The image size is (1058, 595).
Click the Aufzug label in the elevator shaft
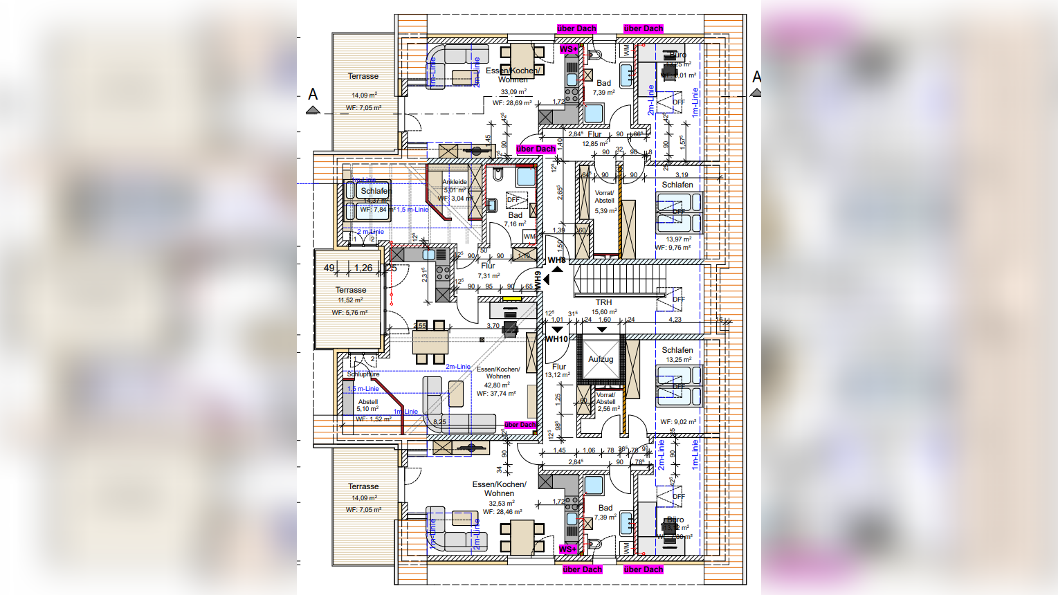pos(601,359)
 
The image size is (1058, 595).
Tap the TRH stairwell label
pos(603,302)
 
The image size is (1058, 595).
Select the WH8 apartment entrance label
pos(557,260)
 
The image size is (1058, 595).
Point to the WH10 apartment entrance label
pos(557,339)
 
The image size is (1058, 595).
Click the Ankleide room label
pos(455,182)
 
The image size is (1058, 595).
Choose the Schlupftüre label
pos(363,374)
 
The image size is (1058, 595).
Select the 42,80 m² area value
pos(497,385)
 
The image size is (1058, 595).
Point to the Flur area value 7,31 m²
pos(489,275)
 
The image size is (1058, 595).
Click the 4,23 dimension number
pos(675,320)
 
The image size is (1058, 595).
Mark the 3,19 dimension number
pos(682,175)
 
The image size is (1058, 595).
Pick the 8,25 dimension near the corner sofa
pos(439,421)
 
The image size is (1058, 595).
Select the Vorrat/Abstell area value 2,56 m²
pos(609,409)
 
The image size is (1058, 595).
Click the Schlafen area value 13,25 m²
pos(677,360)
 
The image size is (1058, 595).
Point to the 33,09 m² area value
pos(513,91)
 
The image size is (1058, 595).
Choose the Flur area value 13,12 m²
pos(558,375)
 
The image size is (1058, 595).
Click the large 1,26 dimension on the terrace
pos(363,268)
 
